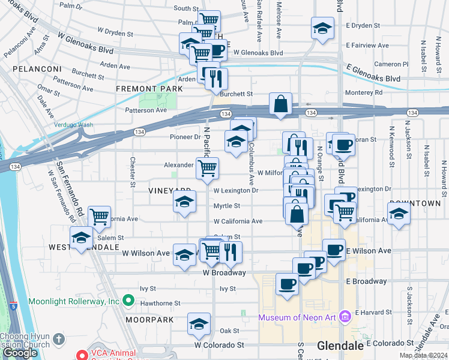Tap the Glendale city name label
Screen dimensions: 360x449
[x=340, y=346]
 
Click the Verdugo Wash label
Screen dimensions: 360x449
[x=74, y=125]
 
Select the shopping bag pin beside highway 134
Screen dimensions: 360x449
[x=281, y=104]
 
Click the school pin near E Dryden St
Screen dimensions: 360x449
[x=322, y=28]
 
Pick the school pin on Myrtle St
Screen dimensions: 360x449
[x=184, y=202]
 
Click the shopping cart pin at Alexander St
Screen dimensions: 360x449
[x=207, y=169]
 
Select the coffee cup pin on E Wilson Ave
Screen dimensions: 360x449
[x=334, y=250]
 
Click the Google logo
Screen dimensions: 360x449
[x=20, y=352]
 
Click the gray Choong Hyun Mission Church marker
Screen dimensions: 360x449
[x=58, y=339]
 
